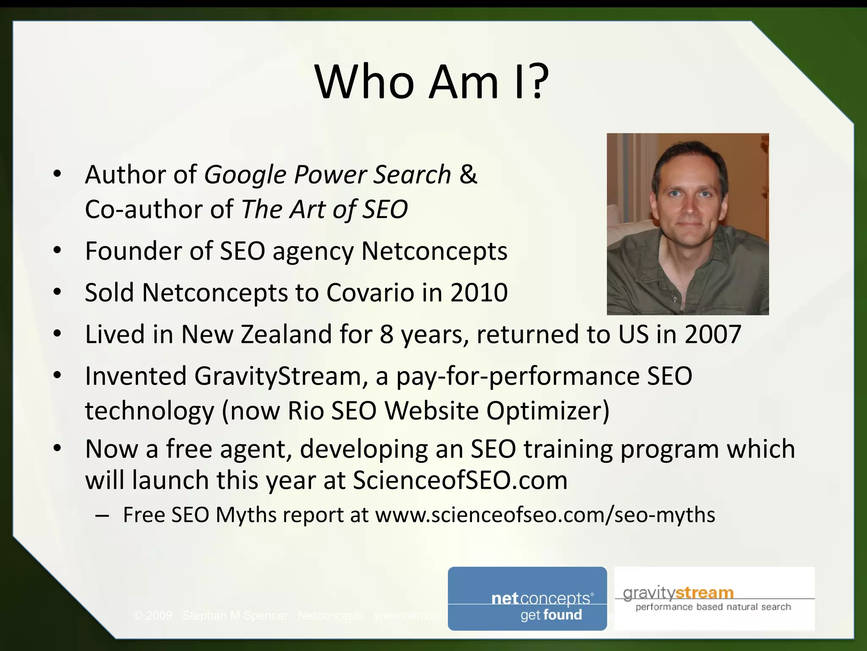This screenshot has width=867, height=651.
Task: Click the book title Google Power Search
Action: pos(328,175)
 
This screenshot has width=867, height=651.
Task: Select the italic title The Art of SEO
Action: pos(324,209)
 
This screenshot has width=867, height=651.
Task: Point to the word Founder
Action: pos(133,251)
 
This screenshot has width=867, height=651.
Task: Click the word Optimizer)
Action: pos(548,411)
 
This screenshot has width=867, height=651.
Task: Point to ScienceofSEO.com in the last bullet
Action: pos(460,481)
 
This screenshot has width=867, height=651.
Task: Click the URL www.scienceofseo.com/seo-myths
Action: pos(545,515)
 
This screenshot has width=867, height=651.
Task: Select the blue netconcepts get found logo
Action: pos(527,598)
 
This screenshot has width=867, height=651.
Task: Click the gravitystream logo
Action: pos(714,598)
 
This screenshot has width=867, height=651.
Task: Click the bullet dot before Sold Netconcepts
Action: pos(58,292)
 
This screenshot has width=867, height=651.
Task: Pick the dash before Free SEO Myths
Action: pos(102,515)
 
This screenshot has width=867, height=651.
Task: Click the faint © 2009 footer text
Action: pos(153,615)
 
